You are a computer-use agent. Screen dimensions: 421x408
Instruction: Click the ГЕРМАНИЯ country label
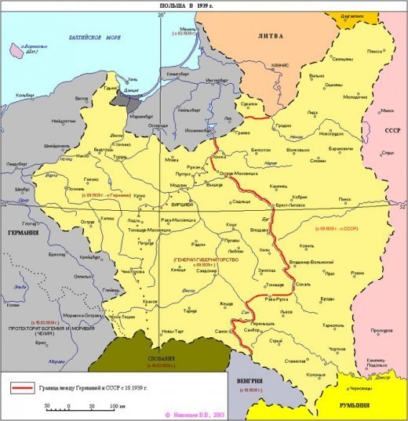[24, 233]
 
